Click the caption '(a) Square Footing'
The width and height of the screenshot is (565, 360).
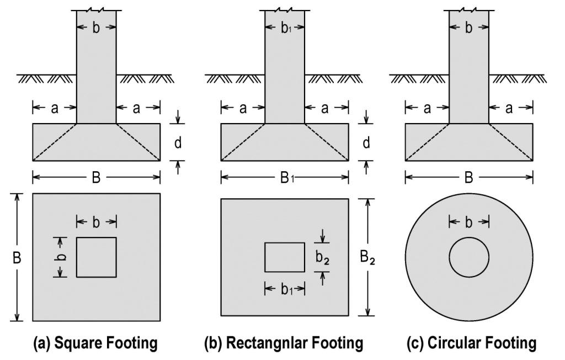pyautogui.click(x=96, y=343)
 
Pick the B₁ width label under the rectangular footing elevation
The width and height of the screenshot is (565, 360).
pyautogui.click(x=285, y=178)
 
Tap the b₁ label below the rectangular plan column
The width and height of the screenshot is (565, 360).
pyautogui.click(x=285, y=289)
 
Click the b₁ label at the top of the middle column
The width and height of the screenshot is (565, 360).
pyautogui.click(x=285, y=29)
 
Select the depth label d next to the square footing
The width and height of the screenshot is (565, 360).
pyautogui.click(x=178, y=142)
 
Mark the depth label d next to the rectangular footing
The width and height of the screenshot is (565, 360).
pyautogui.click(x=366, y=142)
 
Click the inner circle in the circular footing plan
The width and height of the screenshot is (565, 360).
pyautogui.click(x=468, y=257)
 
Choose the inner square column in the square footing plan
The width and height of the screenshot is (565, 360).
pyautogui.click(x=96, y=257)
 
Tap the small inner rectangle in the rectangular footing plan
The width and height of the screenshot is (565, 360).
pyautogui.click(x=285, y=257)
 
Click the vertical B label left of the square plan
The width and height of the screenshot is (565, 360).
pyautogui.click(x=18, y=257)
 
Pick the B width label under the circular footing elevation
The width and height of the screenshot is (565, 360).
pyautogui.click(x=468, y=178)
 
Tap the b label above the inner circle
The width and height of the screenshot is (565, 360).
pyautogui.click(x=468, y=222)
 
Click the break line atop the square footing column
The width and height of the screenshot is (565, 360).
pyautogui.click(x=96, y=10)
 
